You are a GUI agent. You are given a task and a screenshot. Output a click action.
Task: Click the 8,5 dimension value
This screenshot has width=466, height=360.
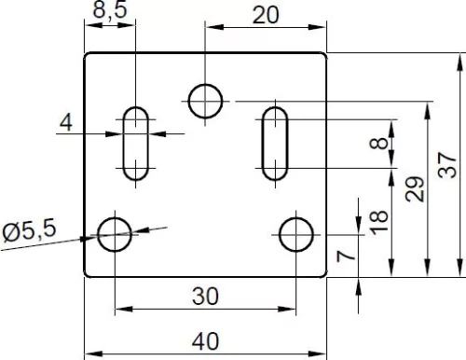[110, 9]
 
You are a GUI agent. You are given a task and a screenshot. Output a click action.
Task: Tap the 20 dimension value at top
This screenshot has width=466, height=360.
[266, 15]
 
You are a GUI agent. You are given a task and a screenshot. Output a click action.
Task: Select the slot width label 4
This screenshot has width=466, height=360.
[66, 122]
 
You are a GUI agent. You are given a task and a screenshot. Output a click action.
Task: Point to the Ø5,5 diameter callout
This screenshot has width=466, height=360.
[30, 229]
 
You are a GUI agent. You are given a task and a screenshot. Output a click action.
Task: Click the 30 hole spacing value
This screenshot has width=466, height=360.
[205, 296]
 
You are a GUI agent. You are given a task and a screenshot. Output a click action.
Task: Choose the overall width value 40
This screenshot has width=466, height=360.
[205, 341]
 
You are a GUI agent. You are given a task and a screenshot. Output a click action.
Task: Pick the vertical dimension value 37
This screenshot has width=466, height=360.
[447, 165]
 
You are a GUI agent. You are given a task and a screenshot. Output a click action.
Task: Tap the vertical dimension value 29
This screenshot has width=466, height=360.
[415, 189]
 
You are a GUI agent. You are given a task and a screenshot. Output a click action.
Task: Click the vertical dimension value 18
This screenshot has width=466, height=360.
[378, 222]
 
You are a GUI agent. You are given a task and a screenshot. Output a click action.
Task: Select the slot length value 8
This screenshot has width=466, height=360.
[378, 144]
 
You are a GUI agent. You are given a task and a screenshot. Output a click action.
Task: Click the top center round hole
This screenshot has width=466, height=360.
[205, 101]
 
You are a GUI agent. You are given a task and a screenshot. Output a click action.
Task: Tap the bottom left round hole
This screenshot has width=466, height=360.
[115, 234]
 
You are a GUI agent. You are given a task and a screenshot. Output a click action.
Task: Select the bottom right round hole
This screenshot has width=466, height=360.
[296, 234]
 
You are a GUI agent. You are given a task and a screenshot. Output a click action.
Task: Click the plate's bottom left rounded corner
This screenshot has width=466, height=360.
[87, 274]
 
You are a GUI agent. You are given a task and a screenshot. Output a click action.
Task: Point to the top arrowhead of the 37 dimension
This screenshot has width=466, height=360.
[460, 62]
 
